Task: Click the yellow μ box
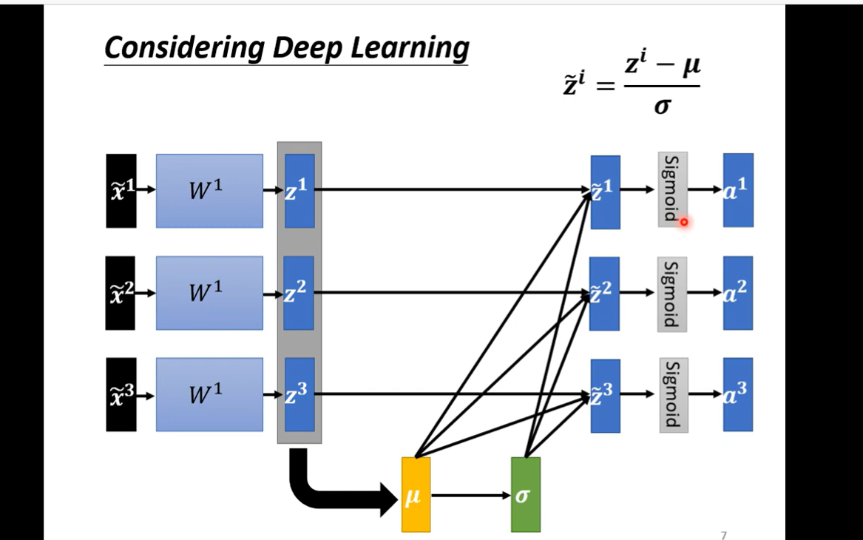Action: (x=416, y=494)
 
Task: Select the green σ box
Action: (x=525, y=494)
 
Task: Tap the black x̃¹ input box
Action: (x=121, y=190)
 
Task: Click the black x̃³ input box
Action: (x=121, y=394)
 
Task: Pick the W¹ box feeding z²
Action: (x=209, y=293)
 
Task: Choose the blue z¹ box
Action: (x=299, y=190)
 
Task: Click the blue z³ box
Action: (x=299, y=394)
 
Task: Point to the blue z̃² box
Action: (x=604, y=293)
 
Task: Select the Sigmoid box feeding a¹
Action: (x=672, y=189)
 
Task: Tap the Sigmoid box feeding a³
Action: (x=673, y=394)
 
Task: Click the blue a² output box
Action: (x=737, y=293)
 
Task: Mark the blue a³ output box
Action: (x=737, y=394)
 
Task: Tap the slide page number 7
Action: (x=723, y=535)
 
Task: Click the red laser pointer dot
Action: (x=684, y=221)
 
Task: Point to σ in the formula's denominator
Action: (x=662, y=107)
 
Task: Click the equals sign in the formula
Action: (x=605, y=87)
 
